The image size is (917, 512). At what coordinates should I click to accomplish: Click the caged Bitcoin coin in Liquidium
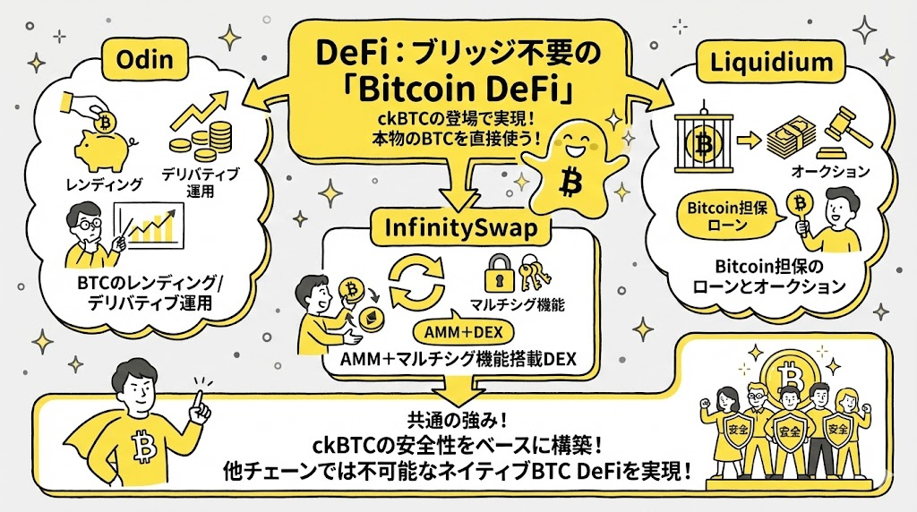click(702, 141)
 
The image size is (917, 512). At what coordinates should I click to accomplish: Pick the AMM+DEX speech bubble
click(458, 331)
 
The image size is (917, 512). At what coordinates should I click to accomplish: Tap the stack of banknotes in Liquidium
click(791, 133)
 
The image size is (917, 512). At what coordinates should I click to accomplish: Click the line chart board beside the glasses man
click(153, 227)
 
